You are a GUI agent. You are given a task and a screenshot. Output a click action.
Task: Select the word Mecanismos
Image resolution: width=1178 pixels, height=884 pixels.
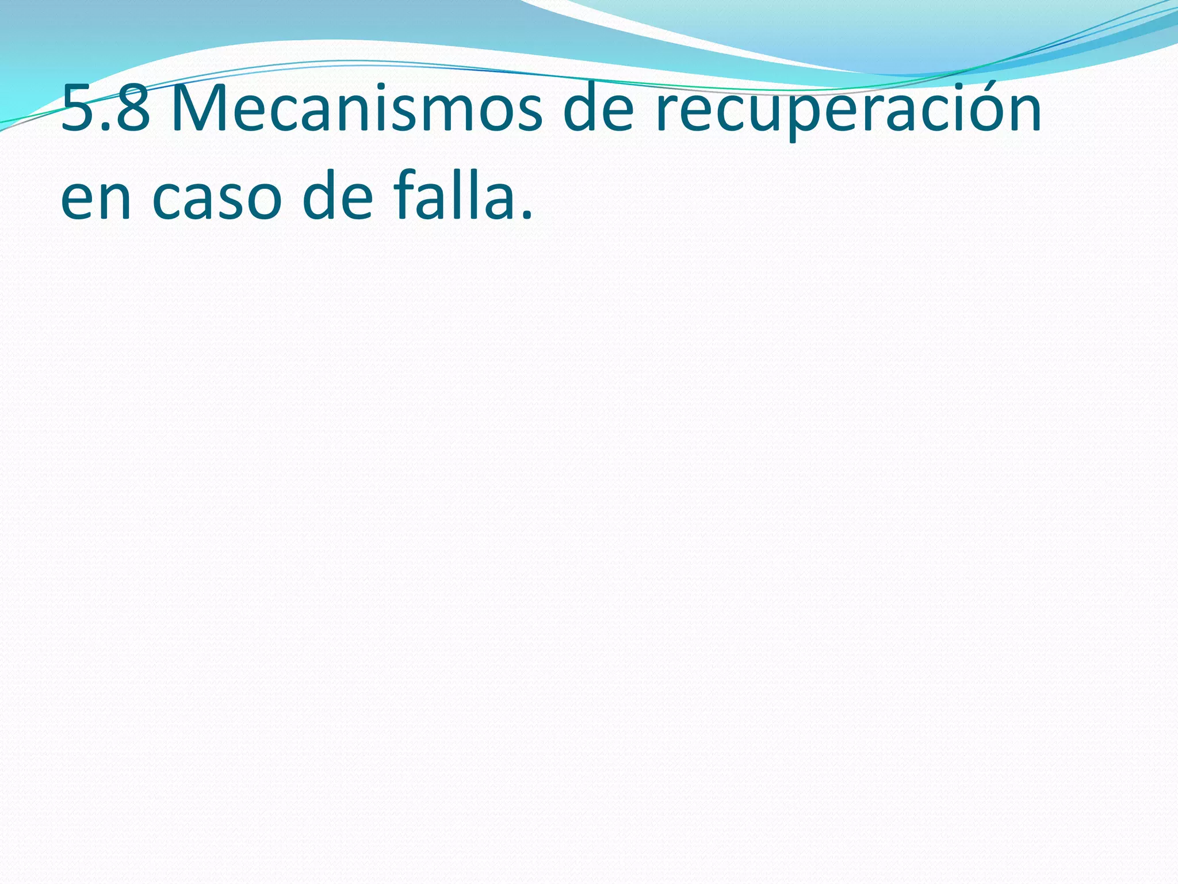coord(357,108)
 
